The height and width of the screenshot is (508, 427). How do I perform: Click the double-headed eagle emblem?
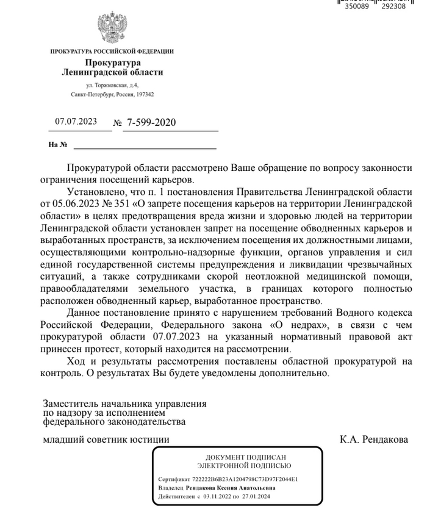(112, 27)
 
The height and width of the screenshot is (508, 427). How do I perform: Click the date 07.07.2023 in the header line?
(76, 122)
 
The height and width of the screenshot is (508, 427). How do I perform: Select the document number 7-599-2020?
(151, 123)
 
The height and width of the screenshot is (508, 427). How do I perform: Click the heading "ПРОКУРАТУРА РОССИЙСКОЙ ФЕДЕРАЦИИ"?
(112, 51)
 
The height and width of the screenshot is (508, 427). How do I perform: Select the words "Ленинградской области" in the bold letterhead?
(113, 73)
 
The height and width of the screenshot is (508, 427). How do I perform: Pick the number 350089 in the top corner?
(357, 7)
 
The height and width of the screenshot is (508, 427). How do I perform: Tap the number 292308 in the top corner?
(393, 7)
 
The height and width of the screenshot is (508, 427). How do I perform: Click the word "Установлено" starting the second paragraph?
(94, 189)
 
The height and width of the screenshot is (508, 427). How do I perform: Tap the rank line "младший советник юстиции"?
(106, 440)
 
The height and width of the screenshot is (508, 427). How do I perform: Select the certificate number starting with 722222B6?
(245, 480)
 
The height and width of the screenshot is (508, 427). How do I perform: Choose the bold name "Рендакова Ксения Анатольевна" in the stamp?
(234, 488)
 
